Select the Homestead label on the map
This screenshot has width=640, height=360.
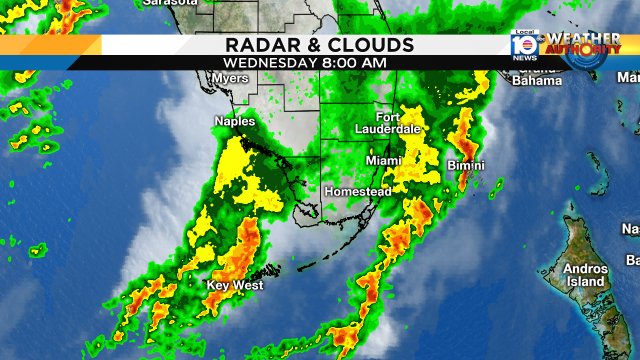(356, 191)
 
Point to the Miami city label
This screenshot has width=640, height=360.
(383, 160)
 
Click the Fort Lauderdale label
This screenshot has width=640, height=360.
(389, 123)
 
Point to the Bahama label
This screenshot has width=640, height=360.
(537, 81)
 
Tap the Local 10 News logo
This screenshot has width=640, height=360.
(524, 44)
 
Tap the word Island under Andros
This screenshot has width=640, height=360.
(586, 282)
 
